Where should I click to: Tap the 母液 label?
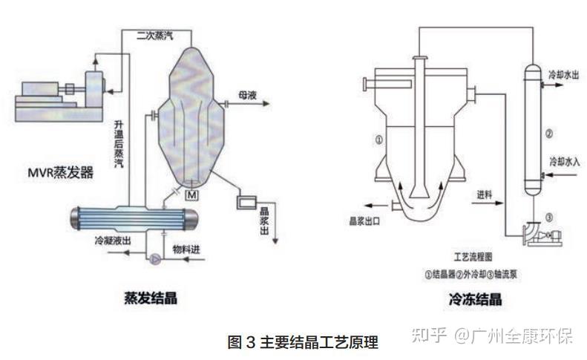click(x=247, y=96)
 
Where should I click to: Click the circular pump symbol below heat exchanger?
click(x=155, y=259)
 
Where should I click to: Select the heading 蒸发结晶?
click(x=150, y=298)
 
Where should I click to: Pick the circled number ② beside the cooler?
click(x=549, y=134)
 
